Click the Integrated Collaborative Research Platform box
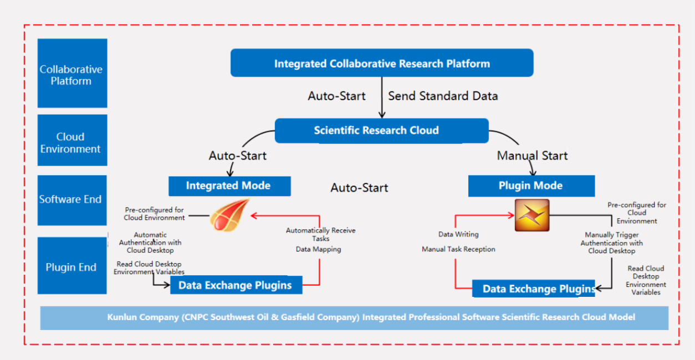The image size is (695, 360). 382,63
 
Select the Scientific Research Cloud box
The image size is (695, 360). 381,131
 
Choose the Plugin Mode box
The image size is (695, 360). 530,186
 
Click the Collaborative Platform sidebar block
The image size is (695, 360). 71,75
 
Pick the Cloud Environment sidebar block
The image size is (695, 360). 71,142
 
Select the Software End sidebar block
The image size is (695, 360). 71,199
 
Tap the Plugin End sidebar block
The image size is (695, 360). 71,267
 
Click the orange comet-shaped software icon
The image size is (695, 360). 229,217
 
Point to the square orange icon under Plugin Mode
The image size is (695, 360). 532,215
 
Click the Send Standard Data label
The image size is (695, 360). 443,96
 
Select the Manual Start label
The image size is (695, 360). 532,156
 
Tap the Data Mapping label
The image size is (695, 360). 318,249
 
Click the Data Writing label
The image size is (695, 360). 458,234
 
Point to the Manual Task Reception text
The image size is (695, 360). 458,249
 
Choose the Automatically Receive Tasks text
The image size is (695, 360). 320,234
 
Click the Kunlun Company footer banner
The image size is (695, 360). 354,317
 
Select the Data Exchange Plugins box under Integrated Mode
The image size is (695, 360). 236,285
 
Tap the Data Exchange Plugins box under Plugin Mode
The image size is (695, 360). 533,289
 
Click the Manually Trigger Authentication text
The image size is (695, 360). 611,243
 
